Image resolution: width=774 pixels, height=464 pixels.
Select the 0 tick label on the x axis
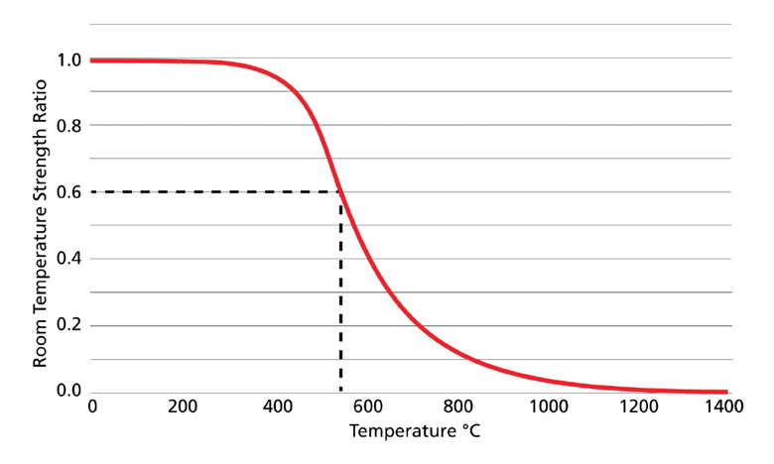tap(92, 406)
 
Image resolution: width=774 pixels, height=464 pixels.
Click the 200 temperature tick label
tap(184, 406)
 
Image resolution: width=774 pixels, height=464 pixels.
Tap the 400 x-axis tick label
tap(275, 406)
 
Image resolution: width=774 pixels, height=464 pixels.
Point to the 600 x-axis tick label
tap(366, 406)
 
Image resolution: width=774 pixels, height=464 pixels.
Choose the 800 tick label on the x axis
tap(457, 406)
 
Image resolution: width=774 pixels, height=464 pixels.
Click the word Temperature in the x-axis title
tap(398, 433)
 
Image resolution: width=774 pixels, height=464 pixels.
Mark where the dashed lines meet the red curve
tap(340, 192)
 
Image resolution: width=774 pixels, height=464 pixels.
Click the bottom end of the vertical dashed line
tap(340, 390)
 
